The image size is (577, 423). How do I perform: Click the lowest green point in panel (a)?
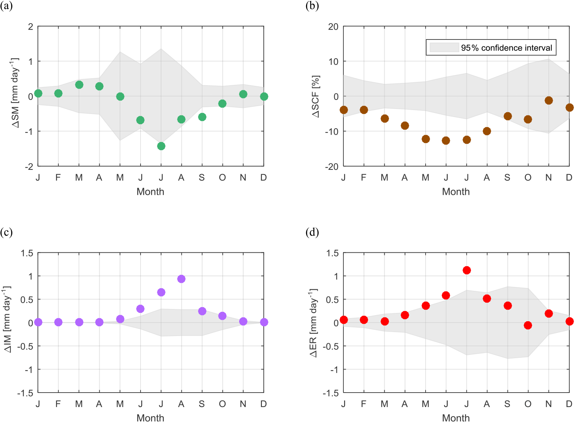161,146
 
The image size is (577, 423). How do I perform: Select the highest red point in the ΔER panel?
467,270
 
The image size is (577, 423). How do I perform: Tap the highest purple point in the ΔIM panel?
181,279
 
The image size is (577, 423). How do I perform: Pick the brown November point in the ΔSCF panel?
549,100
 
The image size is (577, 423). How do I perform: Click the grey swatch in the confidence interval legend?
444,47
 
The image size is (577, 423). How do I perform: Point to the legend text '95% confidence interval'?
506,48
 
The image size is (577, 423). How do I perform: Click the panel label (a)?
7,6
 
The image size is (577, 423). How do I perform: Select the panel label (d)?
312,232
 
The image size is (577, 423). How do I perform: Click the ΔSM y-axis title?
15,93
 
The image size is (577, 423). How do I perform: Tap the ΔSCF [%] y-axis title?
316,96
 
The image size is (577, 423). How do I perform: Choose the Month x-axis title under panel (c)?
150,418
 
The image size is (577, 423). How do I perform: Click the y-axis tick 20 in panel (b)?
333,26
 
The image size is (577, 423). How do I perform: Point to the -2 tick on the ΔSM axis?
29,167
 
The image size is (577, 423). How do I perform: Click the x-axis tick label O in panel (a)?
222,177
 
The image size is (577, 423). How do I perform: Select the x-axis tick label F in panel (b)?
364,177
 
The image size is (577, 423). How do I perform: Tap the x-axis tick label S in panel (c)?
202,404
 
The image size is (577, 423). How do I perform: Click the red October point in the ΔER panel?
528,325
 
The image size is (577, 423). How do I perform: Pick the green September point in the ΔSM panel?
202,117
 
